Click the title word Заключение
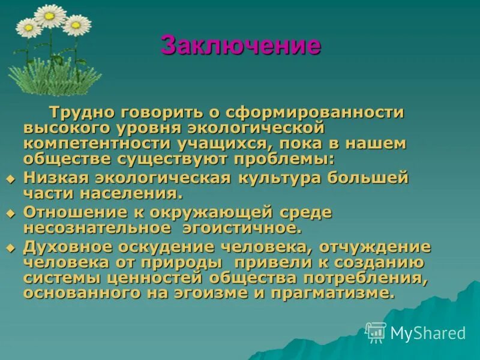[x=241, y=46]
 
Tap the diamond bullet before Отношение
[x=9, y=214]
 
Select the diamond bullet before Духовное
[x=9, y=248]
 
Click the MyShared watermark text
[x=428, y=333]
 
